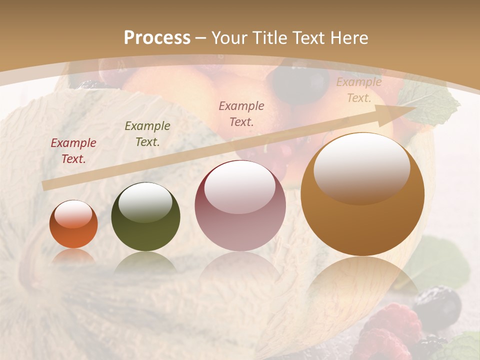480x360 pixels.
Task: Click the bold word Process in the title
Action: tap(157, 38)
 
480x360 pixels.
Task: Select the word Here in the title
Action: tap(347, 38)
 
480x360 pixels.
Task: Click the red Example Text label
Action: tap(73, 151)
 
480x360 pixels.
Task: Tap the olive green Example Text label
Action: tap(147, 134)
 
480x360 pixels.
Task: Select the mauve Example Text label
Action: tap(241, 114)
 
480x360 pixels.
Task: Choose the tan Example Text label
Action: tap(358, 90)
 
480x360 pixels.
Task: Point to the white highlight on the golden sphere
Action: tap(362, 167)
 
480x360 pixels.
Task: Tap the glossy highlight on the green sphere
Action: tap(145, 201)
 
